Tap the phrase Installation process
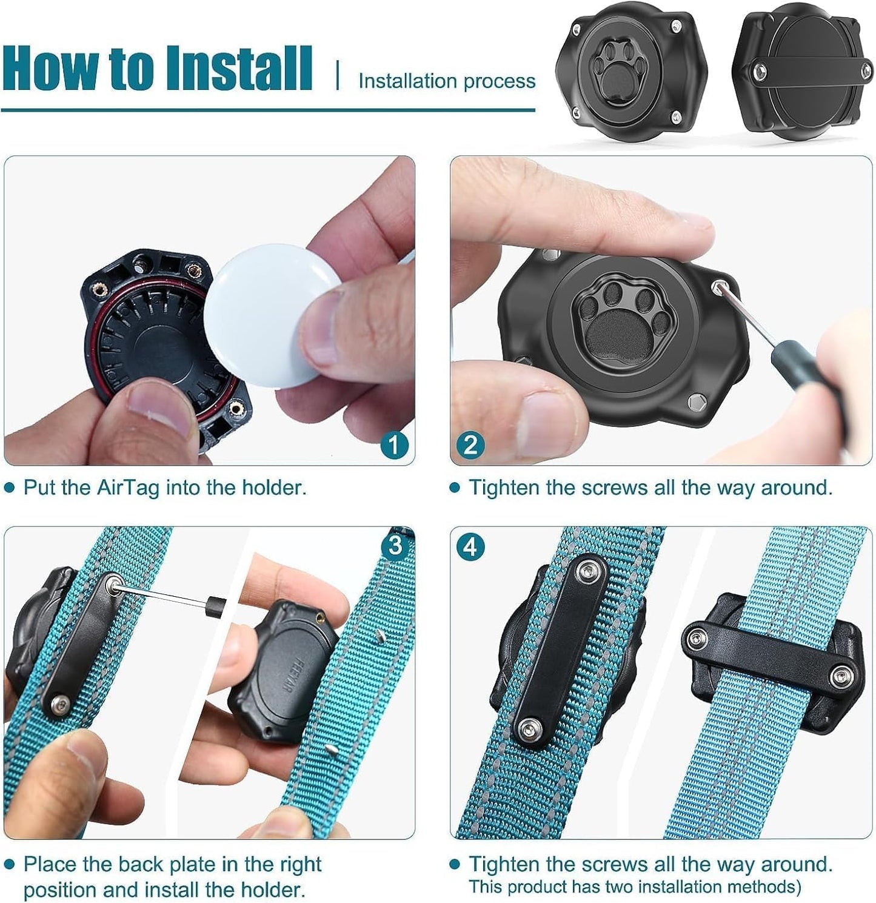[x=447, y=81]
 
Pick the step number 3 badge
[x=395, y=546]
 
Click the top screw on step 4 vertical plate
[x=586, y=570]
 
